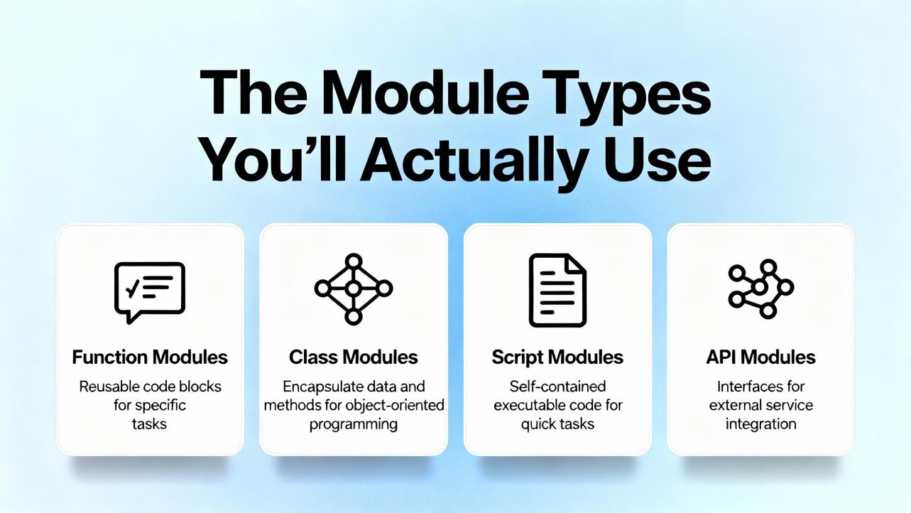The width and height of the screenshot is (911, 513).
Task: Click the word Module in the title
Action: tap(425, 94)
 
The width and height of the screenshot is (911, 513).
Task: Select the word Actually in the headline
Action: tap(474, 162)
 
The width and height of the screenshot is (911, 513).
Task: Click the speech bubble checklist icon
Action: tap(150, 293)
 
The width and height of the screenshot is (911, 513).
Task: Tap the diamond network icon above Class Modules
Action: tap(354, 289)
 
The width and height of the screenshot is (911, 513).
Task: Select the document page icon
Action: tap(557, 290)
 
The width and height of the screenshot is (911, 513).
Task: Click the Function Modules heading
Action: tap(150, 357)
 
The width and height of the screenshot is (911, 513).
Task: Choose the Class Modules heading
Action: tap(354, 357)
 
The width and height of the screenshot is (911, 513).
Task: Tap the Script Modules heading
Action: tap(557, 357)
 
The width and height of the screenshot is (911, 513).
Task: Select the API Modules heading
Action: tap(761, 357)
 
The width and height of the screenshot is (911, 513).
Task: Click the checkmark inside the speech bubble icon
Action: tap(133, 288)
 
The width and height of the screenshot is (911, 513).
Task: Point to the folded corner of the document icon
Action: tap(577, 264)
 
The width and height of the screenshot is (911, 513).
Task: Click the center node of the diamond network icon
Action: tap(354, 289)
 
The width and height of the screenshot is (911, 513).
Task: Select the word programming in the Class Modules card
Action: tap(354, 425)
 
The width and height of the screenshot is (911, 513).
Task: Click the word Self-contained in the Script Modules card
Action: tap(557, 387)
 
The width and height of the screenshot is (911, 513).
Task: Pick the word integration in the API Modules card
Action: tap(761, 424)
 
